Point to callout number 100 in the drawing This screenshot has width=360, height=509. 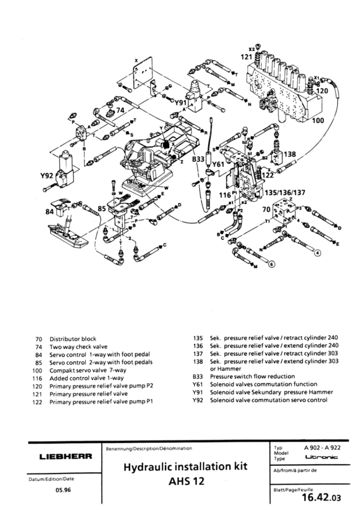(335, 121)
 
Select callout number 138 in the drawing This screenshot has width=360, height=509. (290, 154)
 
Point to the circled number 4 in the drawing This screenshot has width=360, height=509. (317, 251)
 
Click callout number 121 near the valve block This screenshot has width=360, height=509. (247, 56)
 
